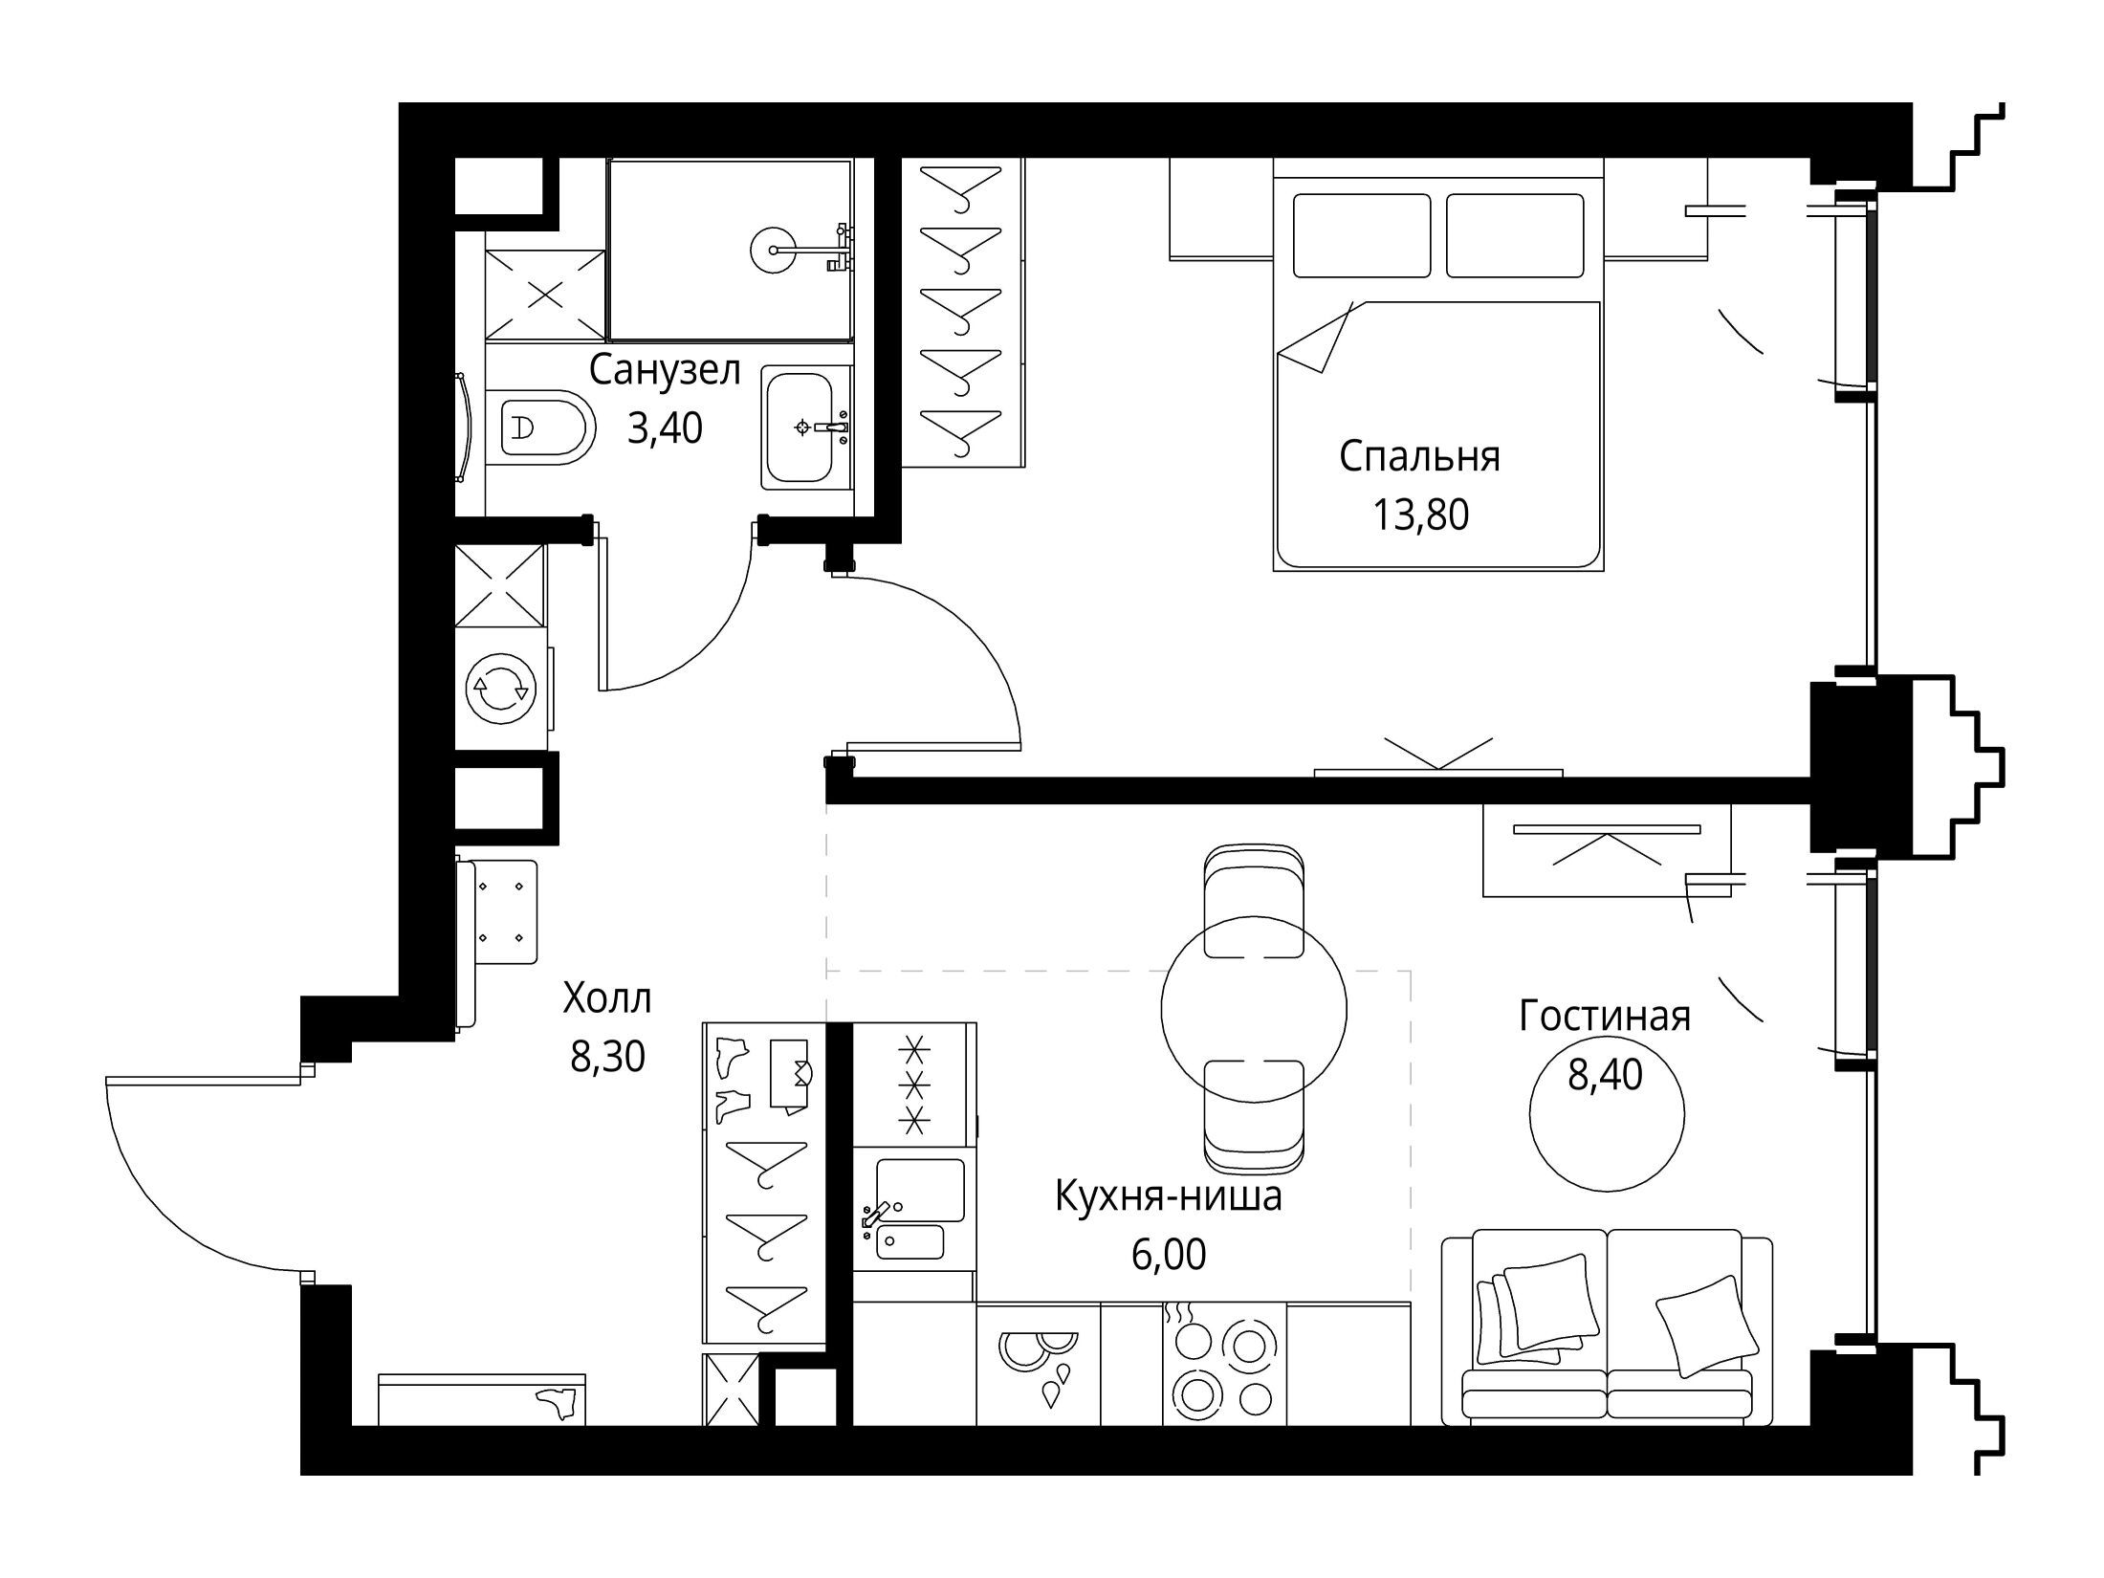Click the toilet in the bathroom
tap(540, 427)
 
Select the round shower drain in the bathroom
tap(772, 251)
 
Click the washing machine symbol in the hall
tap(498, 687)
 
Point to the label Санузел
tap(665, 370)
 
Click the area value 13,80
tap(1420, 515)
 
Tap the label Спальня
tap(1419, 457)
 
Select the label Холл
tap(607, 998)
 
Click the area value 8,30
tap(608, 1057)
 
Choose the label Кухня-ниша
tap(1169, 1195)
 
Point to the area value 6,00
tap(1169, 1254)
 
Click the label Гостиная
tap(1605, 1016)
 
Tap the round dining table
tap(1254, 1008)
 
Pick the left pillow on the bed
tap(1362, 235)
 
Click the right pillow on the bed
tap(1515, 235)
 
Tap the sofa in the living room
tap(1607, 1327)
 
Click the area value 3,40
tap(665, 428)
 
